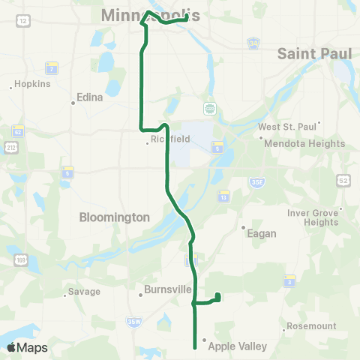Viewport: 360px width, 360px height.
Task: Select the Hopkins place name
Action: [x=33, y=84]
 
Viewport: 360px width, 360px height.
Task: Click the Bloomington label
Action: [x=115, y=217]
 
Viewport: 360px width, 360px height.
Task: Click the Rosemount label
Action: [x=310, y=326]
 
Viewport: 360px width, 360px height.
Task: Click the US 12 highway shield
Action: [x=23, y=19]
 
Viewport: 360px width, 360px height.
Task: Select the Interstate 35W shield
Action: [x=134, y=322]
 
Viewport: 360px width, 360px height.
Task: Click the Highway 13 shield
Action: [x=223, y=196]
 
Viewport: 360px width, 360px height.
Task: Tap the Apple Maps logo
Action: [x=27, y=347]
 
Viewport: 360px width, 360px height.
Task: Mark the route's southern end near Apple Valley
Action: [x=195, y=347]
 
